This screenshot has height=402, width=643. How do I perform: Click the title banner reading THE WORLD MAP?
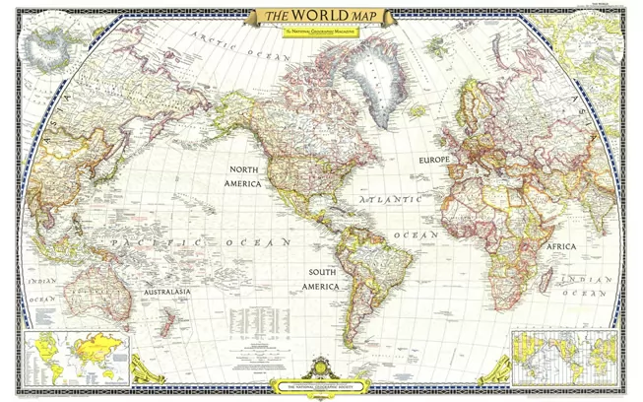(x=317, y=18)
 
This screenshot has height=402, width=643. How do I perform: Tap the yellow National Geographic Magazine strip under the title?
(x=317, y=34)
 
